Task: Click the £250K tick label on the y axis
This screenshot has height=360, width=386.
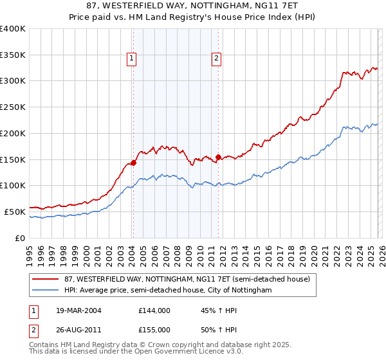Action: click(x=13, y=107)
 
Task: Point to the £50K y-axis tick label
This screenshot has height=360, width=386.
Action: click(x=15, y=211)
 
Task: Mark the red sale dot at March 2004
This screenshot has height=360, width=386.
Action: click(x=134, y=163)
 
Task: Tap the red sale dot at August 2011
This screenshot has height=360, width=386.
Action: click(x=218, y=157)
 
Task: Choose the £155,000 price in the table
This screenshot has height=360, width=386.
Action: click(x=154, y=329)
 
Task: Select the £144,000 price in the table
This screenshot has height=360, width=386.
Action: click(x=154, y=310)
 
